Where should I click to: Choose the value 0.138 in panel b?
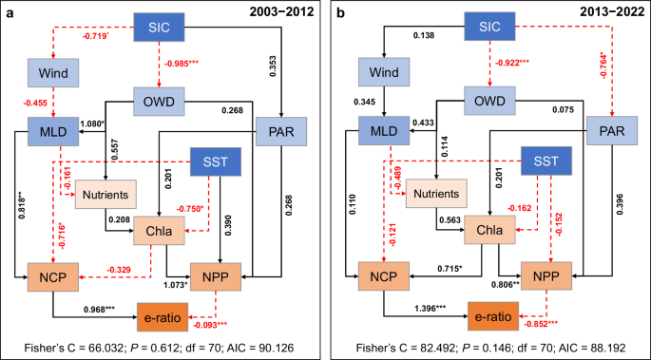point(393,35)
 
